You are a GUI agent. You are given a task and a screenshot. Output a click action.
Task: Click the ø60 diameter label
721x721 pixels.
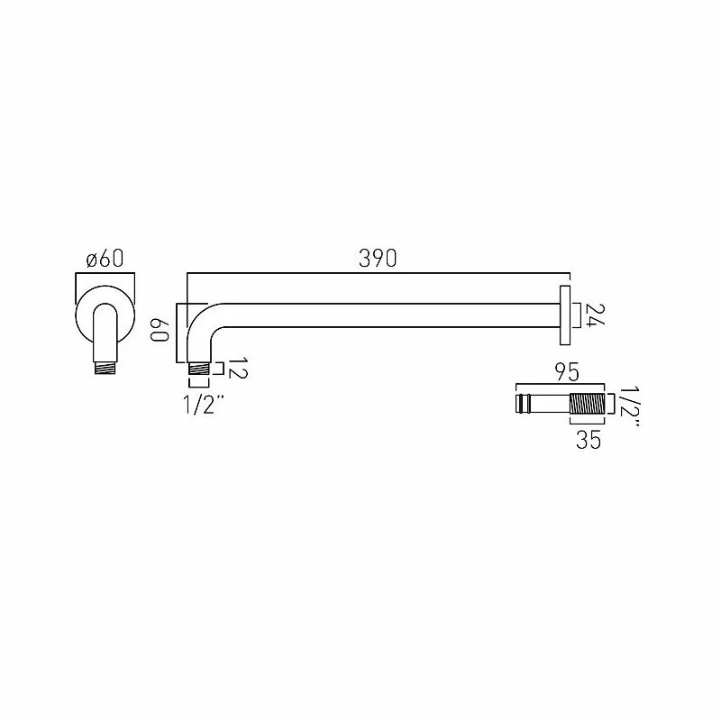[x=105, y=259]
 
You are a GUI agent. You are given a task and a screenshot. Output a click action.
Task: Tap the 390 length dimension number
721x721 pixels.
[x=378, y=259]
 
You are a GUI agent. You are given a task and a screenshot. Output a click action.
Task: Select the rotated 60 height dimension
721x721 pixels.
[x=160, y=328]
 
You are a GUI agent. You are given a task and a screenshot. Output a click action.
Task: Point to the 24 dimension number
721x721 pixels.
[x=594, y=315]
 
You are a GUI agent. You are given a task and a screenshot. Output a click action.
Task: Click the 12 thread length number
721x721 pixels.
[x=238, y=369]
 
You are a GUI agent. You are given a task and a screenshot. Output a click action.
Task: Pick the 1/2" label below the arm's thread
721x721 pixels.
[x=204, y=405]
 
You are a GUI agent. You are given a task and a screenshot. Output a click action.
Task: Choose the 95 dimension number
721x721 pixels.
[x=567, y=372]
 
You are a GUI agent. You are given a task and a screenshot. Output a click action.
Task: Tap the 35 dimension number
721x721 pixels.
[x=589, y=441]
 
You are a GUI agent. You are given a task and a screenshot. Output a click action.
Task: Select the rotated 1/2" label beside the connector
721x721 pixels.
[x=627, y=408]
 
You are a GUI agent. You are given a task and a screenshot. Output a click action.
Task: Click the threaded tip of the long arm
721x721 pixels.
[x=199, y=369]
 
